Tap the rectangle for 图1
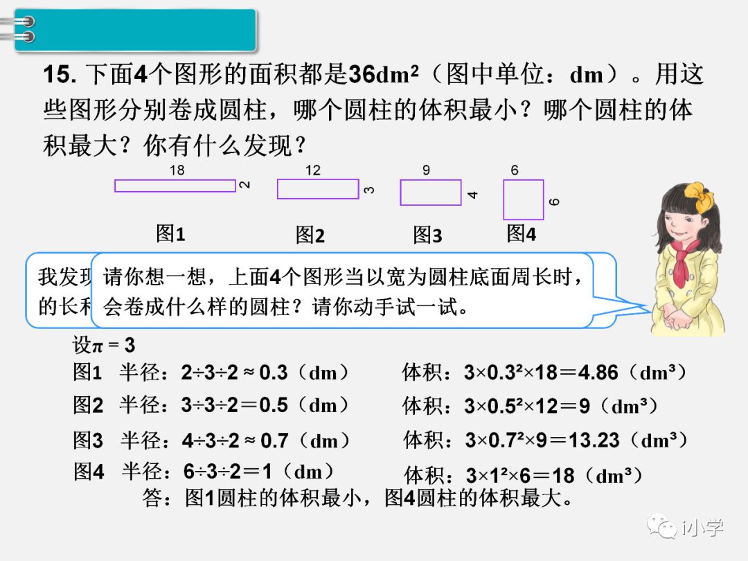(175, 186)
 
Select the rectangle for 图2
(318, 188)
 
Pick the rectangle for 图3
(430, 193)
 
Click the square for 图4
(523, 199)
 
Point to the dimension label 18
(177, 170)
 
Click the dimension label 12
(313, 170)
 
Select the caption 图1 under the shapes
(170, 234)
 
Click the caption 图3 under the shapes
(427, 235)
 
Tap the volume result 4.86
(597, 373)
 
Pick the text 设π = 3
(104, 344)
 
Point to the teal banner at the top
(135, 30)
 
